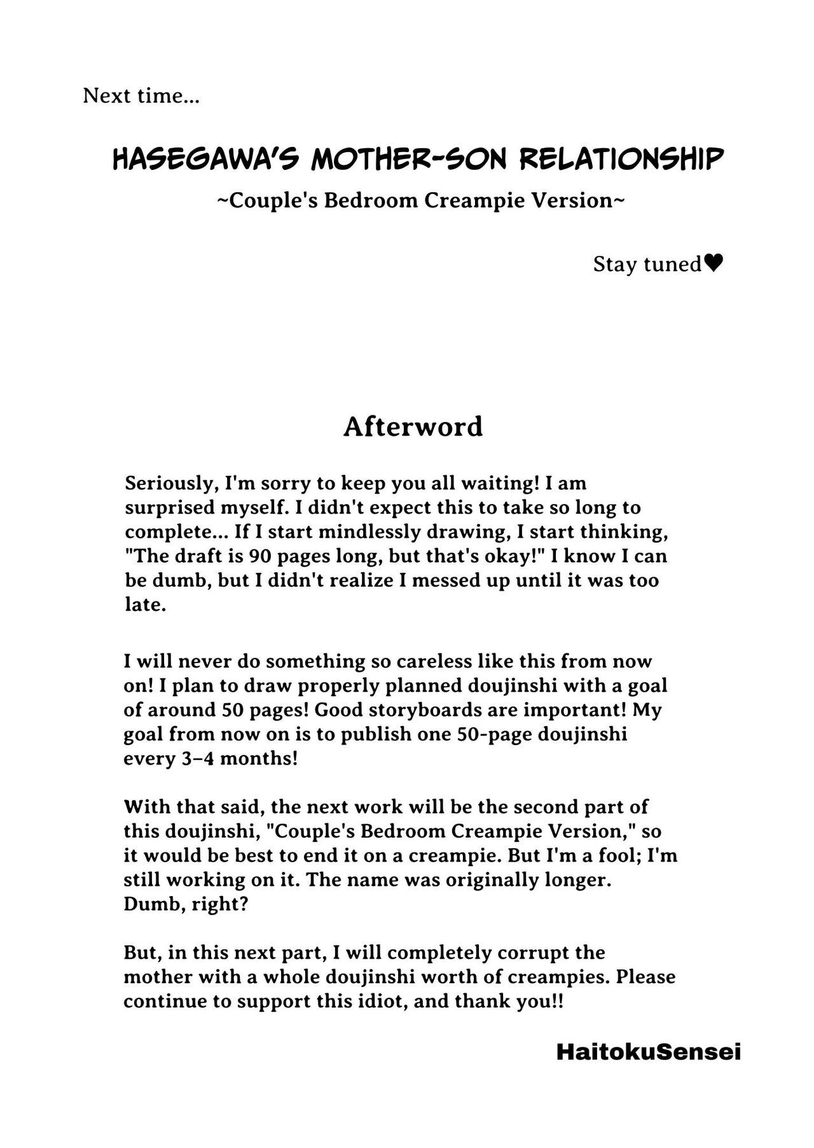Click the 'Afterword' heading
(x=413, y=426)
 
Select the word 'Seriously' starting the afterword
(x=168, y=484)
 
